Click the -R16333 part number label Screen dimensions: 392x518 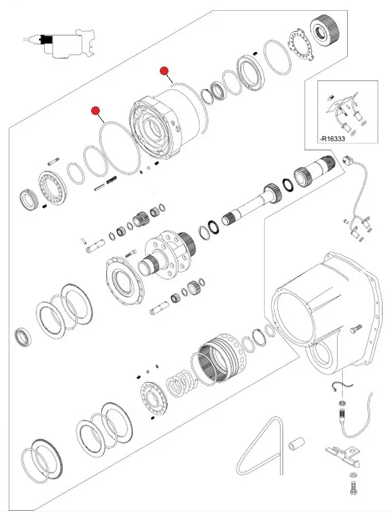tap(332, 139)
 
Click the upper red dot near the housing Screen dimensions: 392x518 tap(164, 71)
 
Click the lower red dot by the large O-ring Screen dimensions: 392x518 tap(95, 111)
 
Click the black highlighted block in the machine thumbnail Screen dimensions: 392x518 tap(46, 39)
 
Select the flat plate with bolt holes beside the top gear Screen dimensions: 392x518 tap(301, 45)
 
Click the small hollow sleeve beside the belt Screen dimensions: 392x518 tap(297, 443)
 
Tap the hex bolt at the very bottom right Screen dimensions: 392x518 tap(353, 488)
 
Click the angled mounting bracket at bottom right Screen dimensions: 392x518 tap(343, 455)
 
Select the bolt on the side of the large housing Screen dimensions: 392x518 tap(356, 329)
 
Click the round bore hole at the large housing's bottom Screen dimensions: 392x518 tap(323, 356)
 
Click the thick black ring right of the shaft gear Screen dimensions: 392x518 tap(288, 184)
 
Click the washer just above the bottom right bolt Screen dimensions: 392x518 tap(353, 475)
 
